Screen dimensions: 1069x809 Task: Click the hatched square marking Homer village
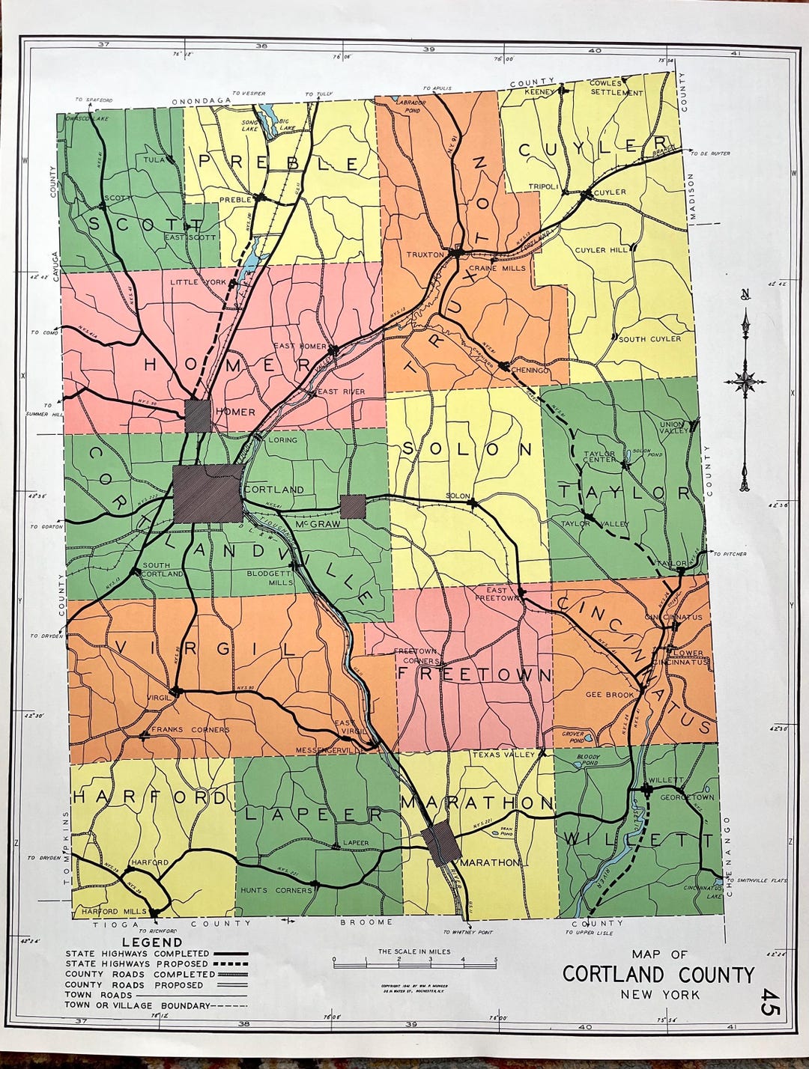[199, 415]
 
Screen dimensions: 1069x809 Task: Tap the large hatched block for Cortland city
[208, 493]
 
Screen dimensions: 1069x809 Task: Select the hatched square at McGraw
[353, 506]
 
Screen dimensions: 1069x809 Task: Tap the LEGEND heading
[152, 942]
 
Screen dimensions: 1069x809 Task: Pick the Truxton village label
[425, 255]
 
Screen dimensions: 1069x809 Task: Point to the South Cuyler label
[649, 339]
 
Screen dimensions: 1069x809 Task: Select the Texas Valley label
[503, 755]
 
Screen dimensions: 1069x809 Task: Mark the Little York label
[198, 282]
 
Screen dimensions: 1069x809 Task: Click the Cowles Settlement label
[616, 88]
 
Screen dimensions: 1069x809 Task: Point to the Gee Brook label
[610, 695]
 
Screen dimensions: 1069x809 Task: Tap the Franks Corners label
[190, 729]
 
